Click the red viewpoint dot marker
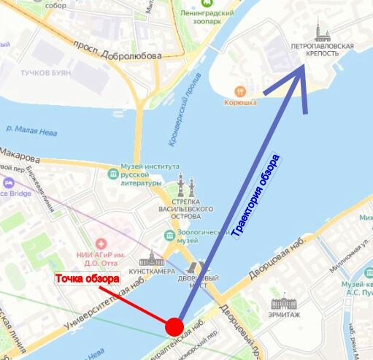click(174, 326)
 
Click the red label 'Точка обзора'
click(88, 280)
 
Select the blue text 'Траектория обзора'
click(255, 197)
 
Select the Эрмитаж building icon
click(281, 302)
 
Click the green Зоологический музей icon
click(169, 236)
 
